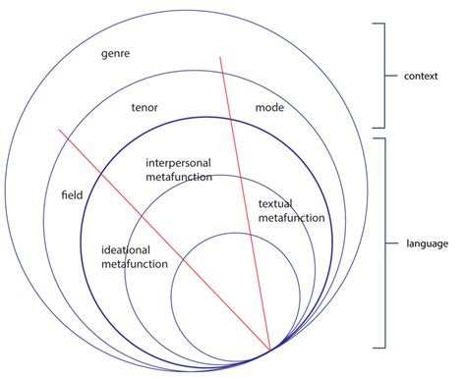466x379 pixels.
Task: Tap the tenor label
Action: point(146,107)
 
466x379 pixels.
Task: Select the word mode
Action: point(269,106)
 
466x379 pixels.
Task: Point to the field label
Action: point(71,194)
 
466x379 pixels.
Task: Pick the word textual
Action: point(275,204)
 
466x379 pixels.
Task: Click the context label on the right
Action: point(428,75)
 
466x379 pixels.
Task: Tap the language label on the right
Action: point(429,243)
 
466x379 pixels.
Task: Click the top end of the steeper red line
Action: point(220,57)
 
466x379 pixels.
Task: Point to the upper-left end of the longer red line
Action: point(59,130)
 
